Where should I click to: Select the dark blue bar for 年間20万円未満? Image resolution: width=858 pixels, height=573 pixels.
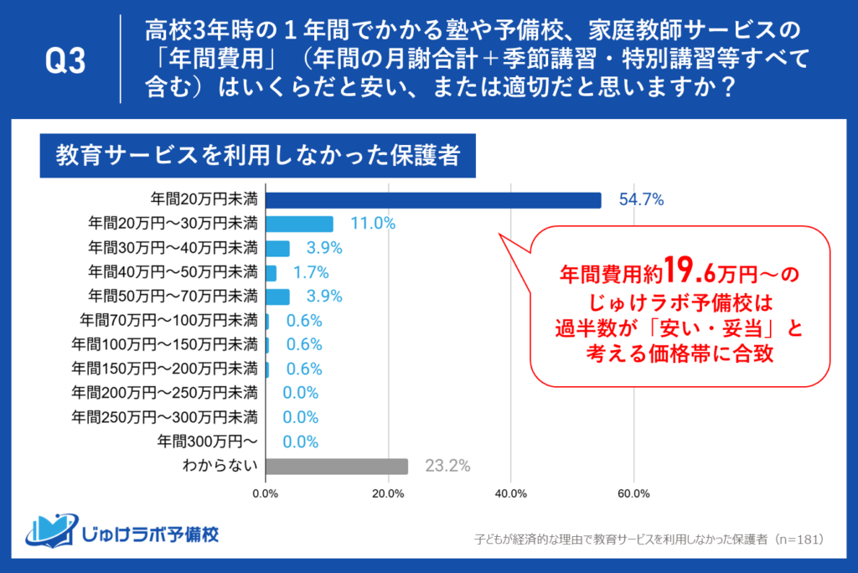pos(433,200)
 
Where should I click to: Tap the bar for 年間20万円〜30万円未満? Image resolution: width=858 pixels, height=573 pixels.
pos(299,225)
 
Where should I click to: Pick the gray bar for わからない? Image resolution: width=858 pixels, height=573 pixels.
pos(336,467)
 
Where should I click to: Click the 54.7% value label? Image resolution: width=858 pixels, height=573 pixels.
pos(641,200)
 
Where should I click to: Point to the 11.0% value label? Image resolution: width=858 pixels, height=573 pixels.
pos(373,225)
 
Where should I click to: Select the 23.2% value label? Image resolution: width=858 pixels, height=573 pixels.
pos(447,467)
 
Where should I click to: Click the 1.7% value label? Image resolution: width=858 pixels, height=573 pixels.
pos(310,272)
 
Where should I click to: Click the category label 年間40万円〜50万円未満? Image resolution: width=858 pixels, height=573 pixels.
pos(173,272)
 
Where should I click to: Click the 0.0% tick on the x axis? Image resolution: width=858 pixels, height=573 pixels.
pos(266,493)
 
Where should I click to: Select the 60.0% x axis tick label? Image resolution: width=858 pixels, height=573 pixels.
pos(633,493)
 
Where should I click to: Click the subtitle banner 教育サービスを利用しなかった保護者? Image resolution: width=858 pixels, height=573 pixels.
pos(256,157)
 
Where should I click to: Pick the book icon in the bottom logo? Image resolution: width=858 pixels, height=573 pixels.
pos(53,530)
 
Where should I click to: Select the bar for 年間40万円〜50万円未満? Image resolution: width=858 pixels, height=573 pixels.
pos(271,272)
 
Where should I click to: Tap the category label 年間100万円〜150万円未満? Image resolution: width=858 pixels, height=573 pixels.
pos(164,345)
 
